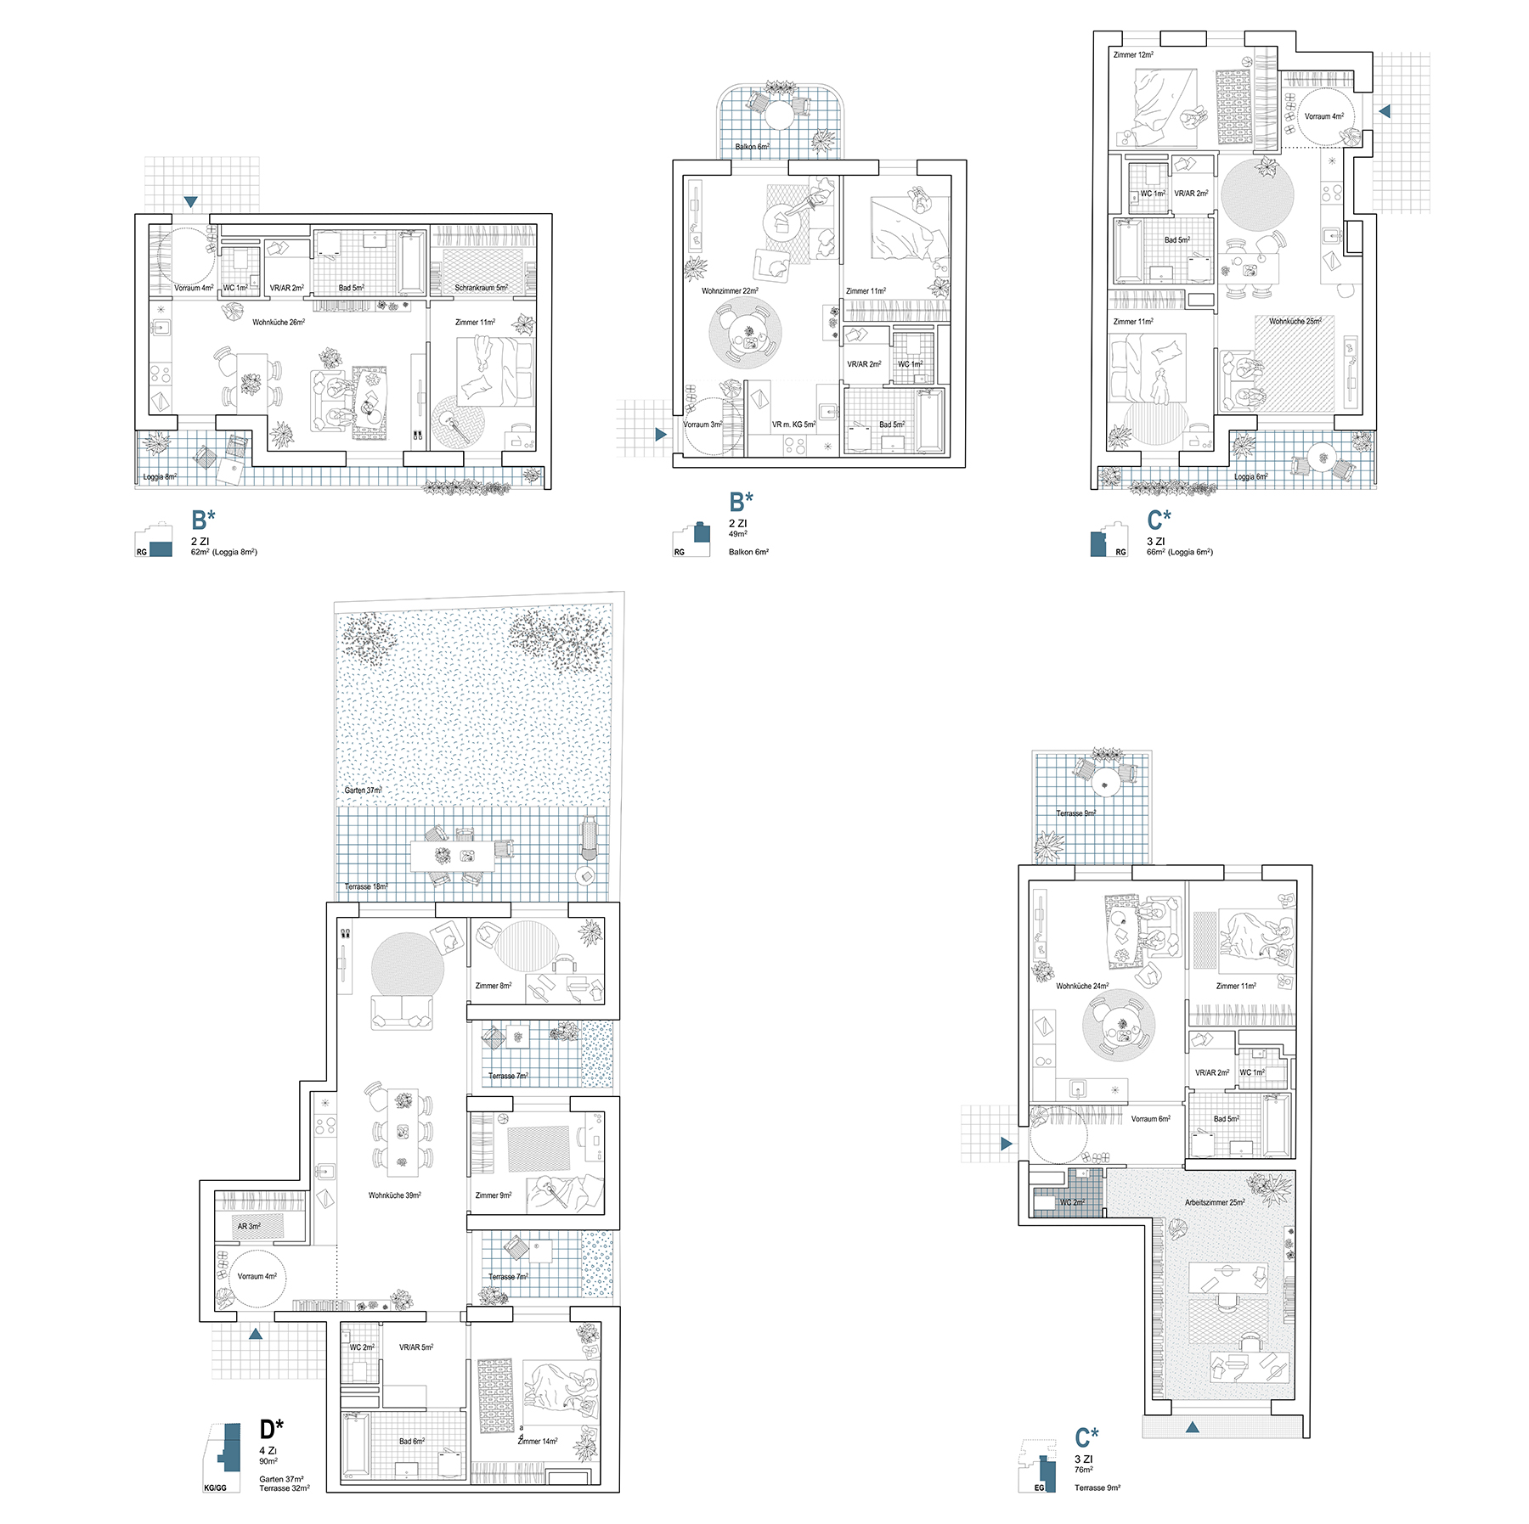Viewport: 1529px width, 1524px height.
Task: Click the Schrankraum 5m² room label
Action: tap(481, 288)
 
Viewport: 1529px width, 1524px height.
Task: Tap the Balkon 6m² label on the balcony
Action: tap(752, 147)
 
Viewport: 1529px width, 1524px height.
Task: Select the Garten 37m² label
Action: tap(363, 790)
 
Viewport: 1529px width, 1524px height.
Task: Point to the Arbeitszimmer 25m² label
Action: tap(1215, 1203)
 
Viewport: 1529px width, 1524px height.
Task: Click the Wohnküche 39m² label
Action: tap(394, 1195)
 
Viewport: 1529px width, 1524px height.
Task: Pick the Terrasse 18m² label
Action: tap(365, 887)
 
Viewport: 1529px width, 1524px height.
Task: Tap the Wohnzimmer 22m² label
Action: tap(730, 291)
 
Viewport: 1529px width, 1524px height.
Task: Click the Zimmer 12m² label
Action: tap(1133, 55)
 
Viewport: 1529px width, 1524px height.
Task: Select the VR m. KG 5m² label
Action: tap(793, 425)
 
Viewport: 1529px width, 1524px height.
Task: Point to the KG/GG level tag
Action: tap(215, 1487)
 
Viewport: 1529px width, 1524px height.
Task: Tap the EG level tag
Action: tap(1039, 1487)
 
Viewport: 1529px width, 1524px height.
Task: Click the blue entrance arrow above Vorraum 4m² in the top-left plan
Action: tap(190, 202)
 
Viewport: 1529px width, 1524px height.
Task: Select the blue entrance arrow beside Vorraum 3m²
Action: tap(661, 435)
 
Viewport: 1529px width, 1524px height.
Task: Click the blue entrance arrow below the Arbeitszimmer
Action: tap(1192, 1427)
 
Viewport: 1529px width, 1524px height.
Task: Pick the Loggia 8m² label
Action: tap(160, 477)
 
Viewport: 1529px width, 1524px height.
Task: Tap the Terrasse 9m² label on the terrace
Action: tap(1076, 813)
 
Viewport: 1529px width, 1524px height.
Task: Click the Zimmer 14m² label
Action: tap(539, 1442)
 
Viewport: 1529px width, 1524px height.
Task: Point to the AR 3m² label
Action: tap(249, 1227)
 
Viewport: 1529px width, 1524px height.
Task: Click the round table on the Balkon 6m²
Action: tap(779, 115)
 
